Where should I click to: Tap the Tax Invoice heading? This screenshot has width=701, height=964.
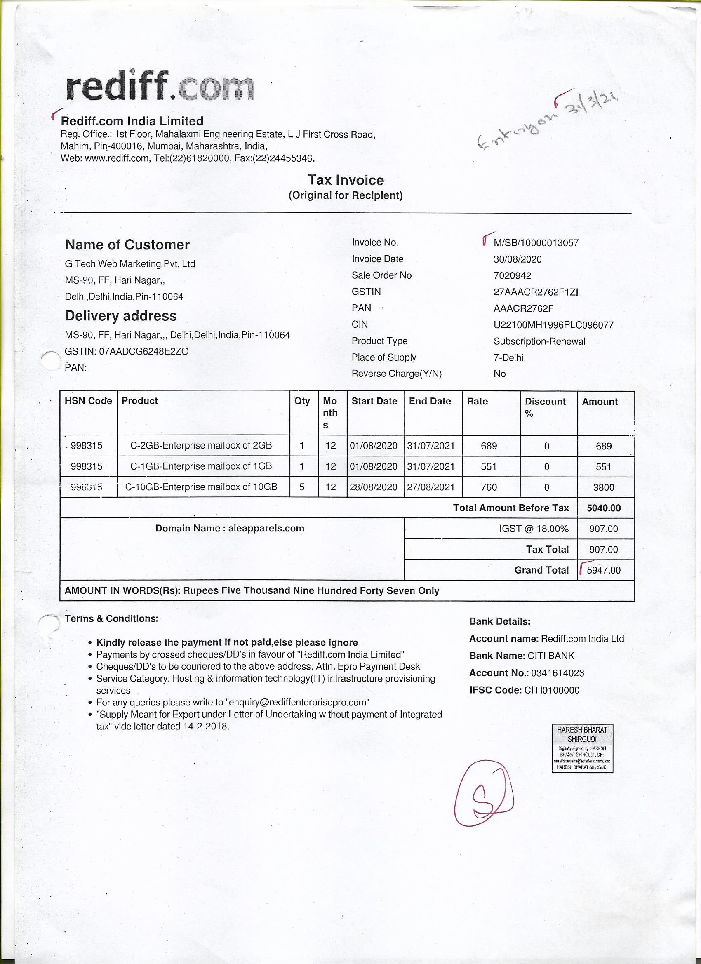[x=345, y=180]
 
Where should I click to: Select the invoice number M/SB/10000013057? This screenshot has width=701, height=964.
[x=536, y=243]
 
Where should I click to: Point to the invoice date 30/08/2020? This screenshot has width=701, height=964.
[x=518, y=259]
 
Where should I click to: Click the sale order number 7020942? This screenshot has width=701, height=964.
[x=512, y=276]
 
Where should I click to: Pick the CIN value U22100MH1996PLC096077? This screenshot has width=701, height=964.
[x=553, y=325]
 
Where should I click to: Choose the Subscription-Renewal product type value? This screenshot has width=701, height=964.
[x=539, y=341]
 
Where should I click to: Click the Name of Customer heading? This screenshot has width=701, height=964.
[x=127, y=245]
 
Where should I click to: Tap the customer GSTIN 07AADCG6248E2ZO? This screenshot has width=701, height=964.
[x=143, y=352]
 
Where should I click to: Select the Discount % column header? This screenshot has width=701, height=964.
[x=545, y=407]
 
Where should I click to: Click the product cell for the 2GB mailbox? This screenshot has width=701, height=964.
[x=201, y=445]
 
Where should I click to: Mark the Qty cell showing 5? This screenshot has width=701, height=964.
[x=302, y=487]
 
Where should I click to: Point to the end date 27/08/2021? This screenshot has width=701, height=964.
[x=430, y=487]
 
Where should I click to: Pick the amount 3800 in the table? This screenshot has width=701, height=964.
[x=603, y=487]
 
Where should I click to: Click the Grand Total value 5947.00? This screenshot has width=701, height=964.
[x=603, y=570]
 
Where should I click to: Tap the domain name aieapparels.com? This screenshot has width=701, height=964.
[x=266, y=528]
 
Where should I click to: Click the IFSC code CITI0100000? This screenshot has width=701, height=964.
[x=551, y=690]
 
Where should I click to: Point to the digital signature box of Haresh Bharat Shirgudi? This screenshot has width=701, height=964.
[x=582, y=748]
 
